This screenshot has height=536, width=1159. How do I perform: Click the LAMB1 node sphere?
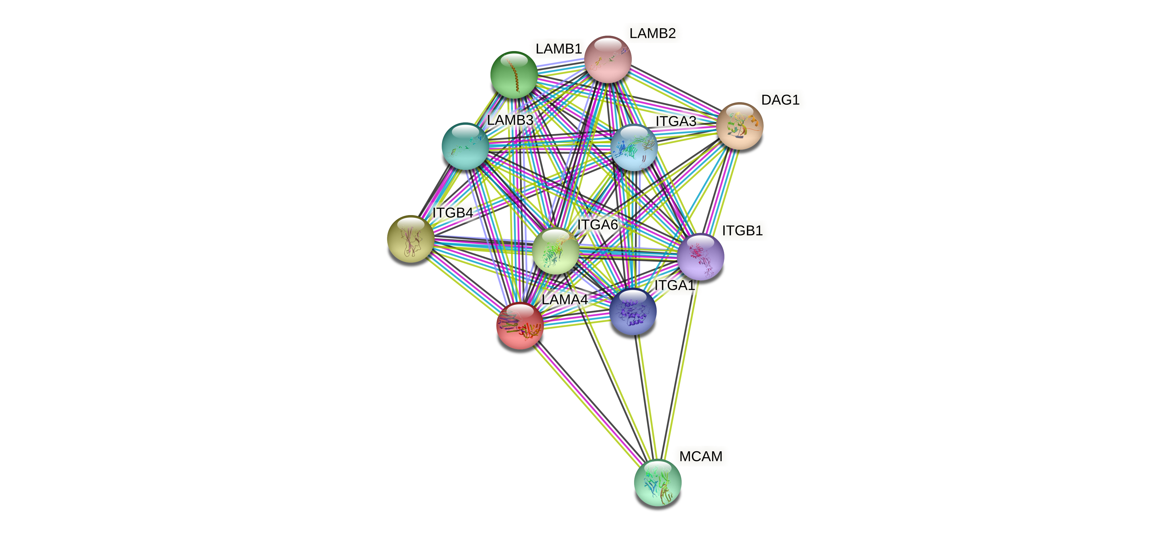point(513,75)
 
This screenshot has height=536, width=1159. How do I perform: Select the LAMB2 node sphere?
point(608,59)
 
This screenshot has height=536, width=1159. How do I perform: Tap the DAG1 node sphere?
point(740,126)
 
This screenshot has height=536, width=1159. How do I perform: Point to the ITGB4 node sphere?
point(410,239)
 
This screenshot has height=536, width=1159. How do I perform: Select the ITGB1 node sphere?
point(700,257)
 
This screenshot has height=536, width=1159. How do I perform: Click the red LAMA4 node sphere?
point(520,325)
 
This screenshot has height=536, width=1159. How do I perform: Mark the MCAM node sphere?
point(657,482)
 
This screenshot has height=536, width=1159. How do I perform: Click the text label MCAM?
point(700,456)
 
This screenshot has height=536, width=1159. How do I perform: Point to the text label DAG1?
point(780,100)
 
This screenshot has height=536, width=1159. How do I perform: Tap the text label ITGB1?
point(742,230)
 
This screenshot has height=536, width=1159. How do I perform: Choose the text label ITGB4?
point(453,213)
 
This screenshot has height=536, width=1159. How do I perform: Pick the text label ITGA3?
point(676,121)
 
